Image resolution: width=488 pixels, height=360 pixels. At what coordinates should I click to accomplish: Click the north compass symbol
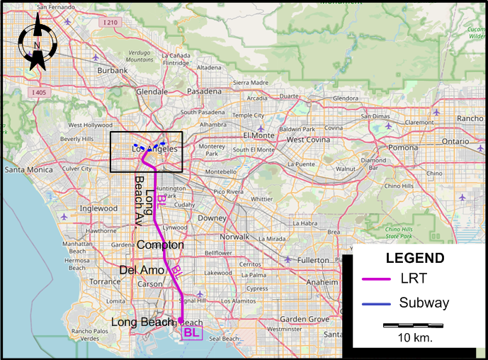(x=36, y=46)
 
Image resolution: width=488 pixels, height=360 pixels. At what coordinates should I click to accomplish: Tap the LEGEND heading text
(x=415, y=259)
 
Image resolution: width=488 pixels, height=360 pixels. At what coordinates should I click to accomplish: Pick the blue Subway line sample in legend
(x=377, y=303)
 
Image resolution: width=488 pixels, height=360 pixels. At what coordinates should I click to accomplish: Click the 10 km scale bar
(x=414, y=325)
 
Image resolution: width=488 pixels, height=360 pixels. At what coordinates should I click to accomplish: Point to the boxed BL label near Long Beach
(x=191, y=332)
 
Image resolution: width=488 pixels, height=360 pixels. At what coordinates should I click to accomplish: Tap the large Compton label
(x=161, y=245)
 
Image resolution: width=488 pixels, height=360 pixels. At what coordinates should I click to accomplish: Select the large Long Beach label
(x=142, y=322)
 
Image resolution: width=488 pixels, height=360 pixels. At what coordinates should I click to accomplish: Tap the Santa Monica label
(x=25, y=170)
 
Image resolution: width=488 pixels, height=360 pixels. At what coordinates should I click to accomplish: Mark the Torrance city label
(x=105, y=281)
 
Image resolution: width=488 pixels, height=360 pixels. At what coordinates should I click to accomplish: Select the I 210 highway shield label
(x=110, y=23)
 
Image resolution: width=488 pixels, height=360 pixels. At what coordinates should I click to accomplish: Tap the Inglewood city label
(x=98, y=209)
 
